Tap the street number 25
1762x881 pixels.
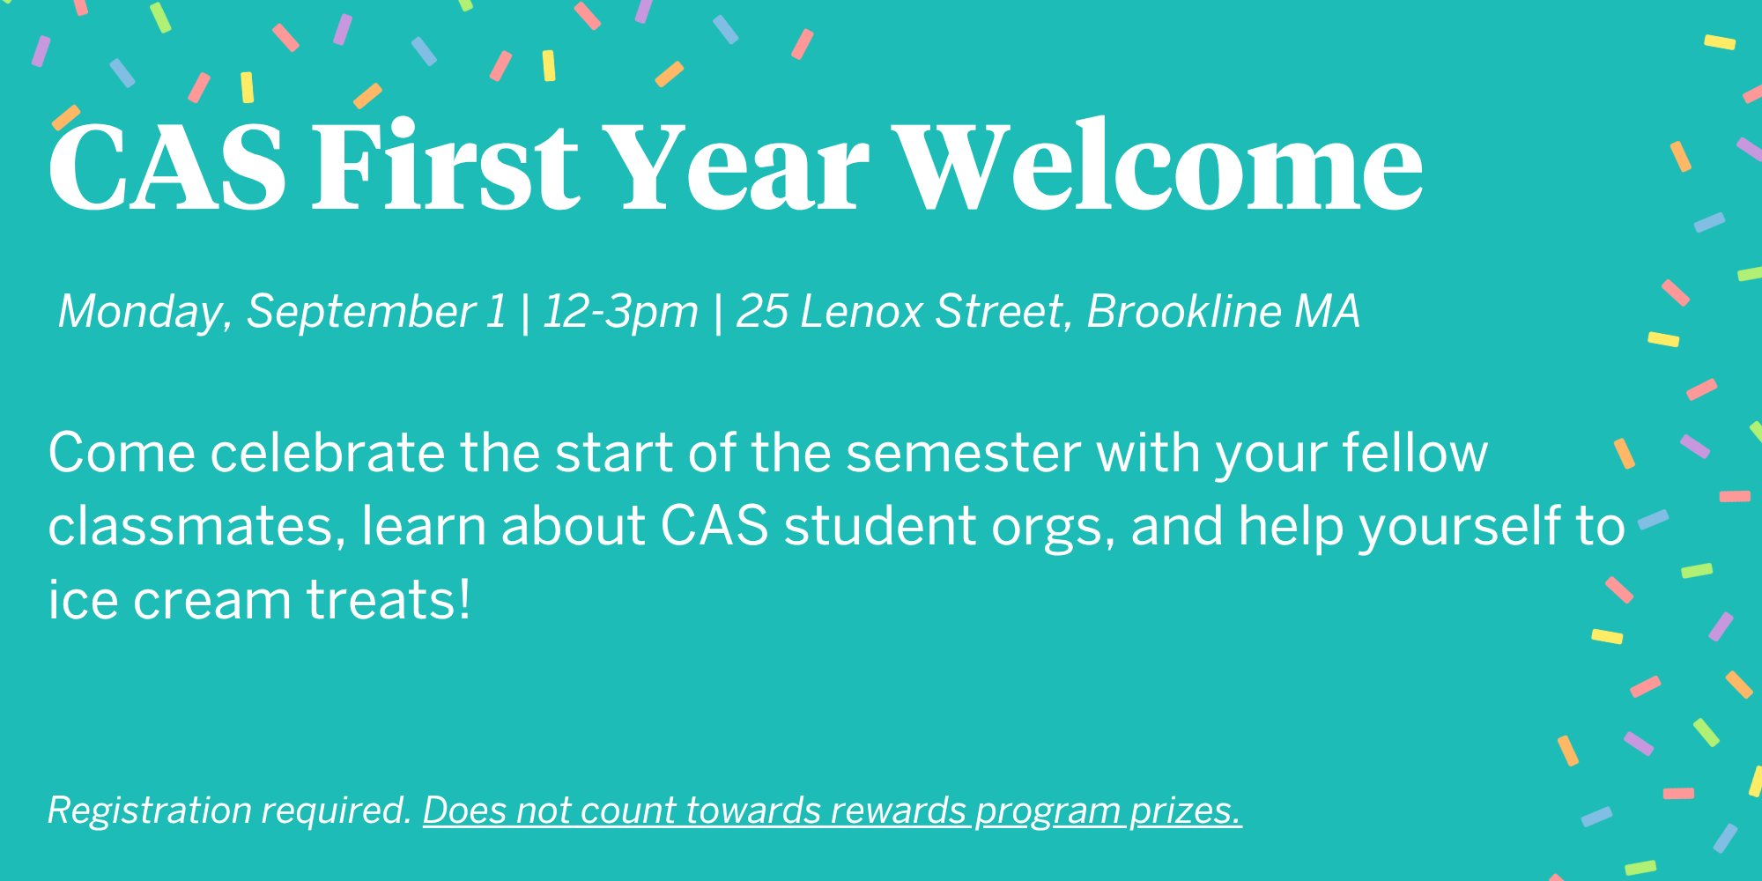(762, 312)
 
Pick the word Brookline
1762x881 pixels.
(1184, 312)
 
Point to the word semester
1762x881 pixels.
(963, 454)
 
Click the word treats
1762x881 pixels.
(389, 601)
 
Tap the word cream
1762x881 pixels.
(211, 601)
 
